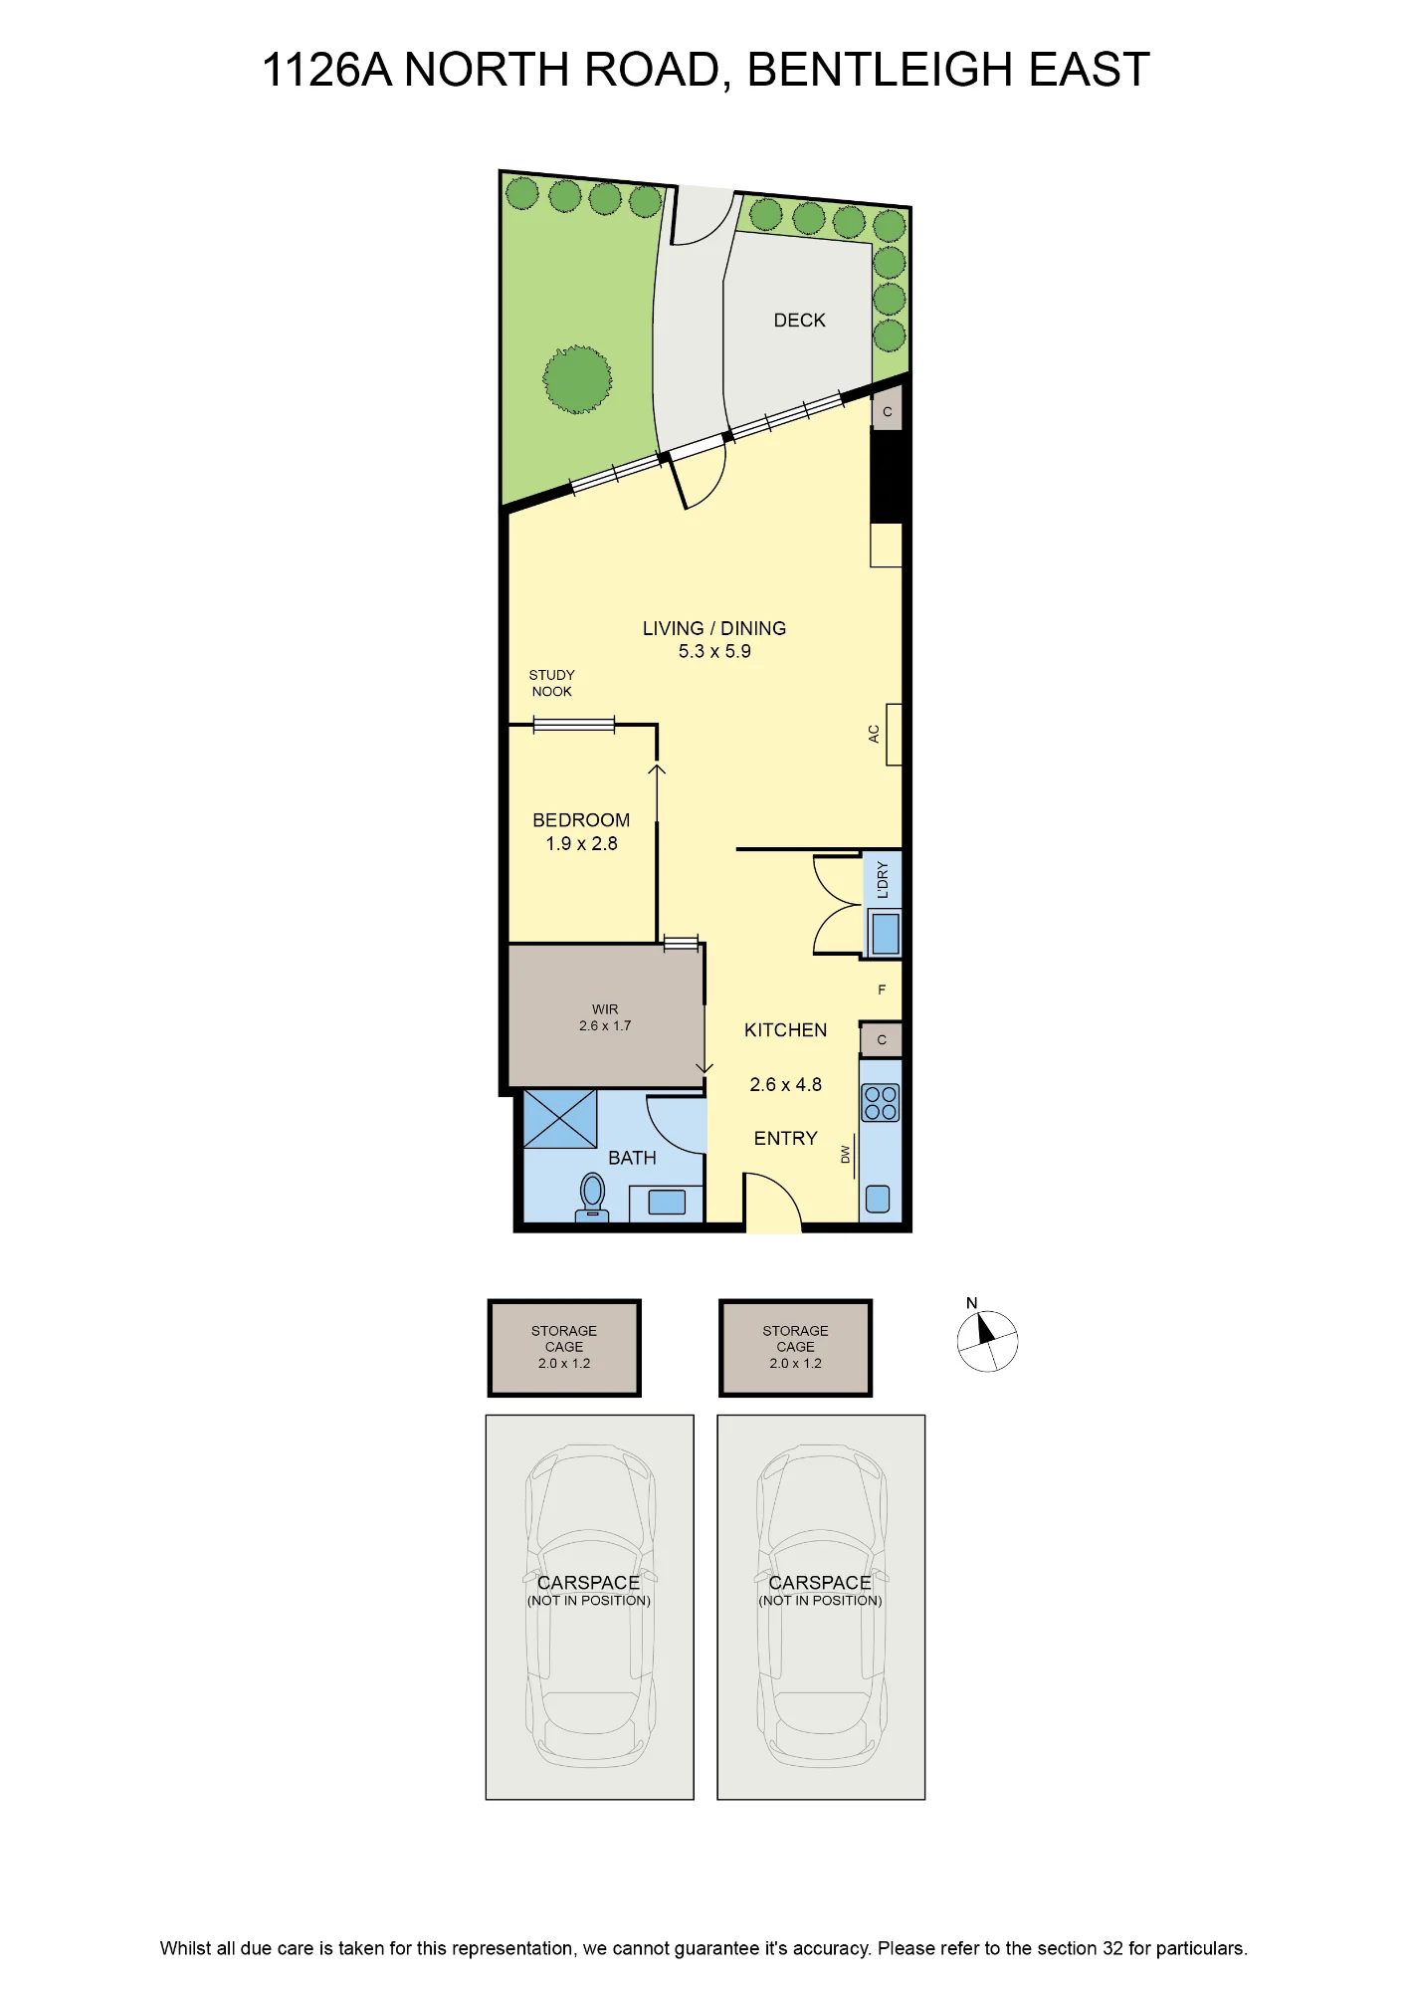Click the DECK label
pyautogui.click(x=799, y=321)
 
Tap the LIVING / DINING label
pyautogui.click(x=714, y=628)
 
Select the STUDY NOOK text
pyautogui.click(x=551, y=683)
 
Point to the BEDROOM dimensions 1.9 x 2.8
pyautogui.click(x=581, y=843)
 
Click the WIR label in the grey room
pyautogui.click(x=605, y=1009)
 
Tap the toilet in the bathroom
pyautogui.click(x=592, y=1195)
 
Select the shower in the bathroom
pyautogui.click(x=560, y=1119)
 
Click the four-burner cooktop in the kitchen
pyautogui.click(x=881, y=1103)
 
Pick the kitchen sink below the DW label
pyautogui.click(x=878, y=1199)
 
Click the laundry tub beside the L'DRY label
pyautogui.click(x=885, y=934)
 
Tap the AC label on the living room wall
pyautogui.click(x=874, y=734)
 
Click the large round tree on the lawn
pyautogui.click(x=577, y=379)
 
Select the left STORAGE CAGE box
pyautogui.click(x=564, y=1348)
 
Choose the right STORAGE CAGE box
pyautogui.click(x=796, y=1348)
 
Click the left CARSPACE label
pyautogui.click(x=588, y=1582)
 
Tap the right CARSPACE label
pyautogui.click(x=820, y=1582)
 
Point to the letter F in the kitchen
pyautogui.click(x=882, y=990)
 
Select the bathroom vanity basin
pyautogui.click(x=667, y=1203)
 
